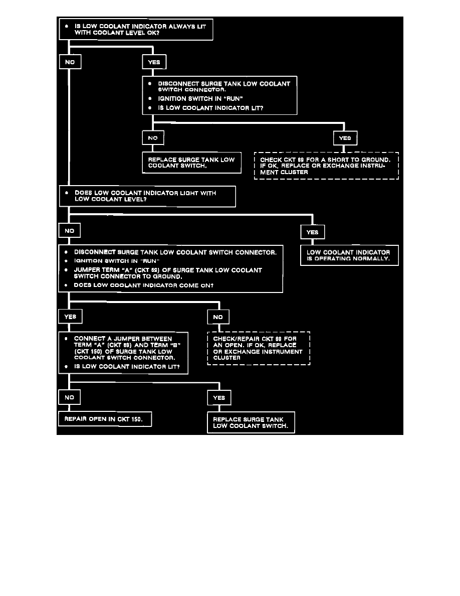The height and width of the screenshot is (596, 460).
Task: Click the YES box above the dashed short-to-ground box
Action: pos(345,138)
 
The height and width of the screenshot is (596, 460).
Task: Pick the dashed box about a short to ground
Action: pos(326,166)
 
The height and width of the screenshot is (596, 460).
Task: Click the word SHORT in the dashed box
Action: pos(341,160)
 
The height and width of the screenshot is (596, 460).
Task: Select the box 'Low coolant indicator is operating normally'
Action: pos(349,255)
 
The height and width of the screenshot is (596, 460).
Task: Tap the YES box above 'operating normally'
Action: pos(312,232)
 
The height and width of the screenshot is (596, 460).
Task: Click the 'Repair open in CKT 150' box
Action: pos(105,419)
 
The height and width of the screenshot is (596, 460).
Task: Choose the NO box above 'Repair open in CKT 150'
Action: pos(70,397)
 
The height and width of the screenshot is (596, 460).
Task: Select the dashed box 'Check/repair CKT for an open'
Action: pos(259,348)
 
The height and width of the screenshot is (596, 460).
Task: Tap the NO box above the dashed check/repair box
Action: pos(218,317)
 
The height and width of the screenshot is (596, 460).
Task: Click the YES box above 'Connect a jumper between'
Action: pos(70,317)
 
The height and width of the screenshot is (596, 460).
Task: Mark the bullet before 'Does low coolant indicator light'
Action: pos(66,192)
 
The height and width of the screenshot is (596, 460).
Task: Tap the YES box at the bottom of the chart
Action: pos(219,397)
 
